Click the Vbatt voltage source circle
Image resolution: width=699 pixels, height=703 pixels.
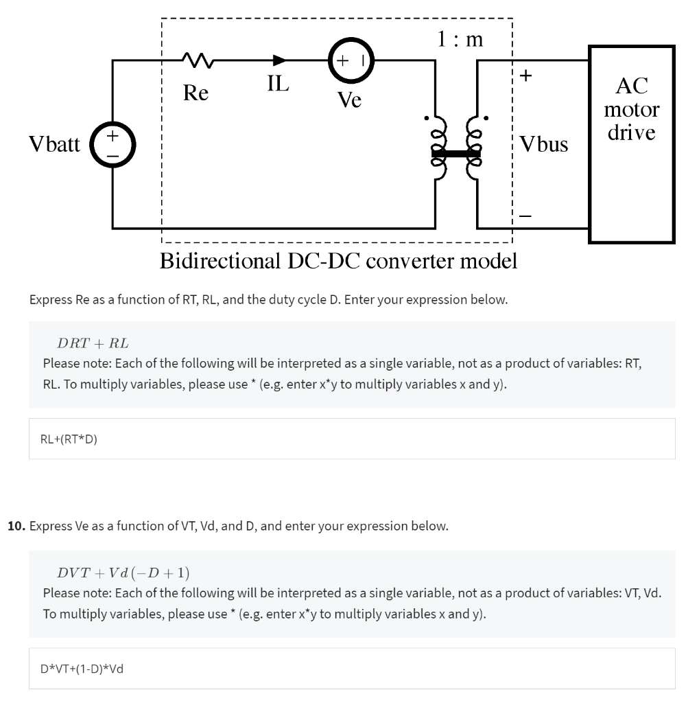[x=112, y=144]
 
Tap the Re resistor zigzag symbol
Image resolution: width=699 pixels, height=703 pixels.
[x=198, y=61]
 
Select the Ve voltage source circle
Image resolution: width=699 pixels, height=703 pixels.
[x=351, y=60]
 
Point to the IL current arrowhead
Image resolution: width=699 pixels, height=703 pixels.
[x=280, y=60]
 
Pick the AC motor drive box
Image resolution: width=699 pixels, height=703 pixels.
[x=632, y=144]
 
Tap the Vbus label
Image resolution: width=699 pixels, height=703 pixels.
[x=543, y=144]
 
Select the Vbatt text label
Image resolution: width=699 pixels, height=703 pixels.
[x=54, y=144]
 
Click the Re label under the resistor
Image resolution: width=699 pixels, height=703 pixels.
[x=196, y=92]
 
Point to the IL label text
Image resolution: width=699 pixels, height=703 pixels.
[x=278, y=84]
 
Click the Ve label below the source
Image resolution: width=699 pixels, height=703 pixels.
[x=349, y=100]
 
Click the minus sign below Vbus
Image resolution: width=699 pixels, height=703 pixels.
[x=525, y=216]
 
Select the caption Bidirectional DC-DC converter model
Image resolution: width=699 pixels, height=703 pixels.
[x=338, y=262]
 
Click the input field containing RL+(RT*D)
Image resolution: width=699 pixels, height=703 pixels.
[x=351, y=439]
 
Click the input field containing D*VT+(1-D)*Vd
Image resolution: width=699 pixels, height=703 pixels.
[x=351, y=668]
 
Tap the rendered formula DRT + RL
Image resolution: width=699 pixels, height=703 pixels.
[x=92, y=343]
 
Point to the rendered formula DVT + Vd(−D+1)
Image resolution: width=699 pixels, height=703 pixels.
[x=123, y=572]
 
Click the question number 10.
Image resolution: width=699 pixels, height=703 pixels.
[x=16, y=527]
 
